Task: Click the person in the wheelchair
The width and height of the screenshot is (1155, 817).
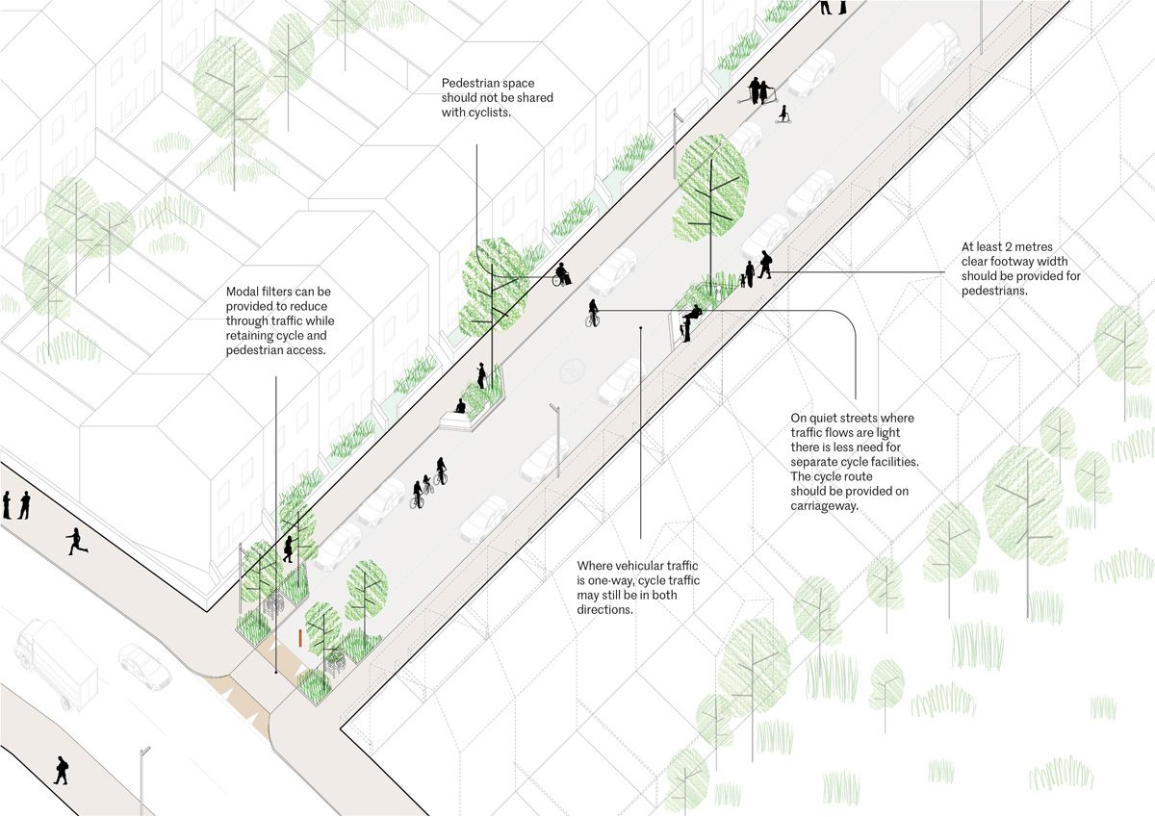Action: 561,276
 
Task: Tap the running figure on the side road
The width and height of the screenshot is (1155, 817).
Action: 75,542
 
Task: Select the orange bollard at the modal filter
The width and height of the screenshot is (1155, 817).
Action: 301,638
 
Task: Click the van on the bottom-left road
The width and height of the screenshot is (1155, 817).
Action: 56,661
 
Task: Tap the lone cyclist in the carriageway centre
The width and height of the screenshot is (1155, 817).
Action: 592,313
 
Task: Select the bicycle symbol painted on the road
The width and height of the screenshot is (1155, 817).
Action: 576,368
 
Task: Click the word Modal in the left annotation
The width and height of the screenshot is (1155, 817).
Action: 244,292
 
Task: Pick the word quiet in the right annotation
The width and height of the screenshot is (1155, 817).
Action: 826,419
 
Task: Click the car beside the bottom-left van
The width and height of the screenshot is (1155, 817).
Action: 144,666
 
